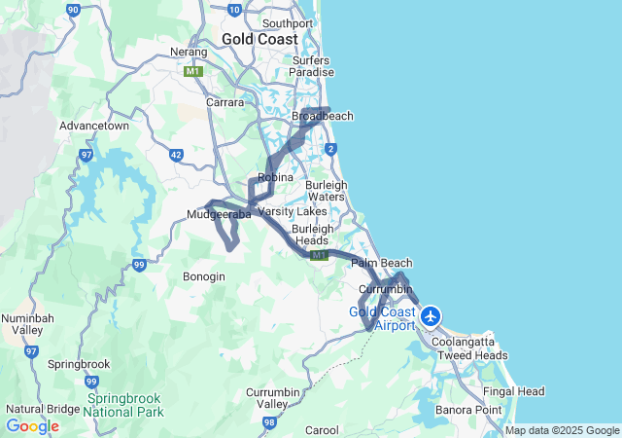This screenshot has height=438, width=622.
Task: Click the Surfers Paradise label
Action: (312, 66)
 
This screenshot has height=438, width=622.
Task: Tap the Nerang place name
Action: (189, 52)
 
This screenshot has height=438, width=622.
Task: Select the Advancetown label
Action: (94, 126)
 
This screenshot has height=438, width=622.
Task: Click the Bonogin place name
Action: (204, 276)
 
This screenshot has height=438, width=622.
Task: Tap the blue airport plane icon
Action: (431, 315)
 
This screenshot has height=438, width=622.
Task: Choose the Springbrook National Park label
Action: (121, 405)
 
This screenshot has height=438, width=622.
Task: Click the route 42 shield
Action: (176, 154)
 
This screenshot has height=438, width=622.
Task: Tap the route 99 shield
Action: (139, 264)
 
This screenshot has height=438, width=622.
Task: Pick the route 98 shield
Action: (269, 422)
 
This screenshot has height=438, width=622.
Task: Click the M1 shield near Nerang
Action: (192, 71)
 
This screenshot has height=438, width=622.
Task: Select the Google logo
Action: (32, 426)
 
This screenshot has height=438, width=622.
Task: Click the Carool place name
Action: (322, 429)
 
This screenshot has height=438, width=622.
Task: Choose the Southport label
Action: (287, 23)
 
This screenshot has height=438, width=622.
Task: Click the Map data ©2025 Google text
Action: (562, 430)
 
